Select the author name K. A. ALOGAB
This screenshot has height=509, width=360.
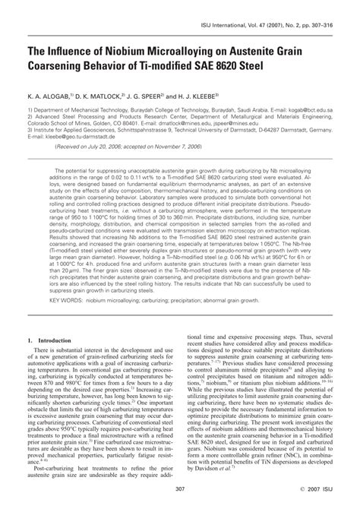point(47,98)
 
